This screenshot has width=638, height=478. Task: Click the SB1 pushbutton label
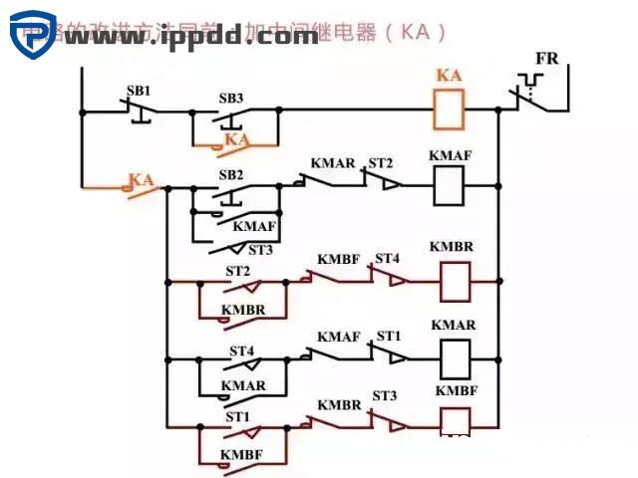[138, 91]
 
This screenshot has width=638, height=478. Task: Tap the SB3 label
[230, 99]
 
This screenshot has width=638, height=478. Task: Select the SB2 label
[231, 174]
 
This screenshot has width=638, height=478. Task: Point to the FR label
[547, 59]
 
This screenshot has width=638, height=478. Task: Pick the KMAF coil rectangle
[450, 185]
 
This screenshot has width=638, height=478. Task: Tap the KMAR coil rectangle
[455, 357]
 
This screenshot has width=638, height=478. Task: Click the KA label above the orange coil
[451, 76]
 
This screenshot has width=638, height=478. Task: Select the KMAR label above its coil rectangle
[454, 326]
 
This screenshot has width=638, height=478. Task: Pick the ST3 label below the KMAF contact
[260, 250]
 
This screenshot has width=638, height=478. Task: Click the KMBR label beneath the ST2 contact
[243, 310]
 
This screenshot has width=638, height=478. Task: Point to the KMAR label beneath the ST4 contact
[243, 385]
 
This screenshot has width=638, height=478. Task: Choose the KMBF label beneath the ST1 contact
[241, 454]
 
